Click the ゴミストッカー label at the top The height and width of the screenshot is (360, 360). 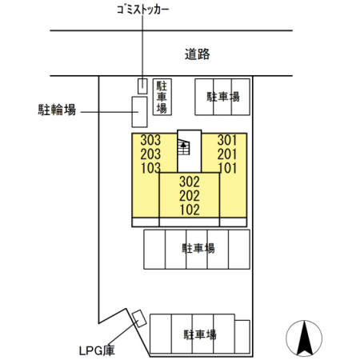(143, 10)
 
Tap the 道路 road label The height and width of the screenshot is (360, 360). (198, 54)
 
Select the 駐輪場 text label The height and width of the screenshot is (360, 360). (57, 110)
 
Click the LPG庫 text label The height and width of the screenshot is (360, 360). (97, 350)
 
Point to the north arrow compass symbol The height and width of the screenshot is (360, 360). (304, 338)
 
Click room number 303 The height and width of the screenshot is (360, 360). (150, 140)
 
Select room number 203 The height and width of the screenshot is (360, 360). (150, 154)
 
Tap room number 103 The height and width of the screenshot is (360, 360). (150, 168)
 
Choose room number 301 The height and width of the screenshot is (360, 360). (227, 140)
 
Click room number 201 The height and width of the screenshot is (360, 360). (227, 154)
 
